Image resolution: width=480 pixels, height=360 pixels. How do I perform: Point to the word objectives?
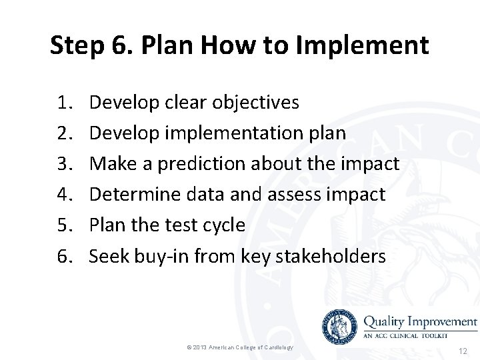point(256,103)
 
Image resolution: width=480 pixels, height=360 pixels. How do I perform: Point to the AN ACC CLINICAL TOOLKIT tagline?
point(413,335)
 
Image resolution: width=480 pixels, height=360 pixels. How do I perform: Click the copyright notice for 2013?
point(240,348)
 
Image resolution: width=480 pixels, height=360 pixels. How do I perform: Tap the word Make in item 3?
point(109,164)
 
